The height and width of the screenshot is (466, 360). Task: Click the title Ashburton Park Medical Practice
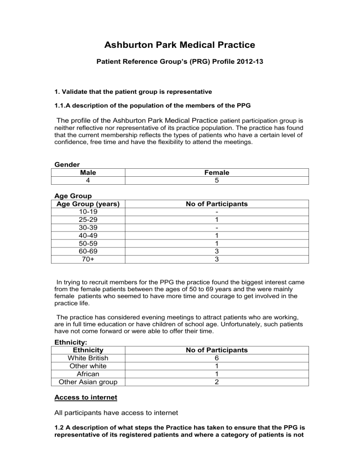tap(180, 45)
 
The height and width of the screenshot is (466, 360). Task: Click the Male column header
tap(89, 173)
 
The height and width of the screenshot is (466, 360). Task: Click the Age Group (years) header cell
tap(88, 204)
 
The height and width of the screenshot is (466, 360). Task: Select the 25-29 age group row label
tap(88, 220)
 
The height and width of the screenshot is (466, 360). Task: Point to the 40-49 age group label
tap(88, 235)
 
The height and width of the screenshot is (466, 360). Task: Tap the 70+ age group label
tap(88, 259)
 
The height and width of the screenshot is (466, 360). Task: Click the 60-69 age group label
tap(88, 251)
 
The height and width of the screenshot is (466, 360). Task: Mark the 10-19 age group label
tap(88, 212)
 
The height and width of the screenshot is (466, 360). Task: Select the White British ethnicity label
tap(88, 358)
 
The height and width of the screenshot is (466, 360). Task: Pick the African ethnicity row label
tap(88, 374)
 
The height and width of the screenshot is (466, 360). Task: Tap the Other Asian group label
tap(88, 382)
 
